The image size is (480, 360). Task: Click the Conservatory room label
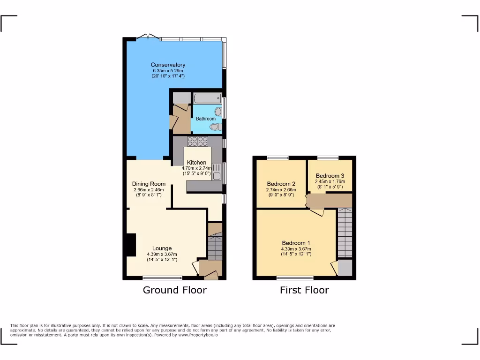[168, 65]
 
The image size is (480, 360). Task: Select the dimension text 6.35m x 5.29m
[168, 70]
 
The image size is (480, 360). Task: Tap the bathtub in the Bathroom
[207, 98]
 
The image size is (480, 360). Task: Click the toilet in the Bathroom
[216, 127]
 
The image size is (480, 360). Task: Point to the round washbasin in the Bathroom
[218, 112]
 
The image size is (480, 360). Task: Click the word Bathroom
[205, 119]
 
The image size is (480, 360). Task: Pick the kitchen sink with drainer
[217, 172]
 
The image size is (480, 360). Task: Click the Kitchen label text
[196, 163]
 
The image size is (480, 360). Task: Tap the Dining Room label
[149, 184]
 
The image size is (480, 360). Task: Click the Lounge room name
[162, 248]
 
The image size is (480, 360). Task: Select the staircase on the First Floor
[345, 233]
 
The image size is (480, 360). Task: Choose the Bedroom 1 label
[296, 243]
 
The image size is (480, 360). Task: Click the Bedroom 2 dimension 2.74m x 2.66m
[281, 190]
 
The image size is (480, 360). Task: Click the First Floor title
[304, 290]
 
